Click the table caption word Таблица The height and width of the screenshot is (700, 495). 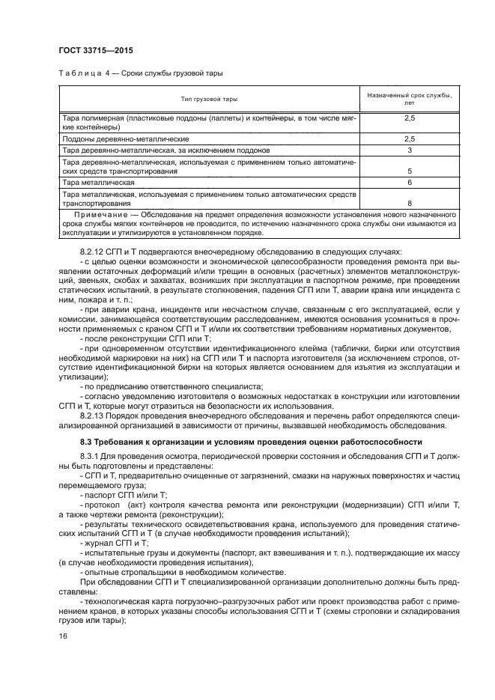click(x=80, y=73)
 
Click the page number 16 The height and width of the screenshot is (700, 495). click(x=63, y=636)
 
